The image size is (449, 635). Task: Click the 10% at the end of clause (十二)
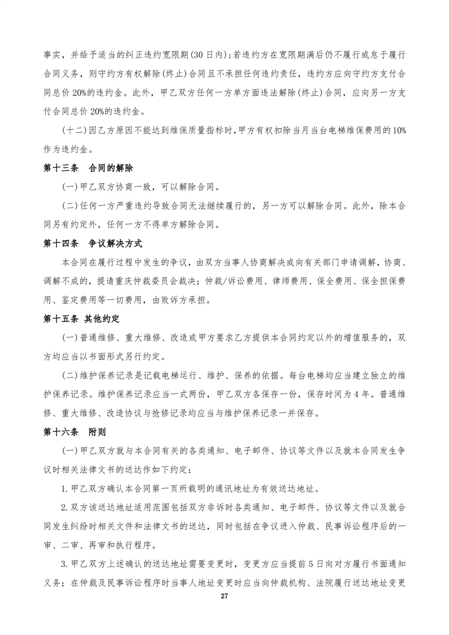coord(398,131)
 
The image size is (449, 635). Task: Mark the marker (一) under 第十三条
coord(70,187)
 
